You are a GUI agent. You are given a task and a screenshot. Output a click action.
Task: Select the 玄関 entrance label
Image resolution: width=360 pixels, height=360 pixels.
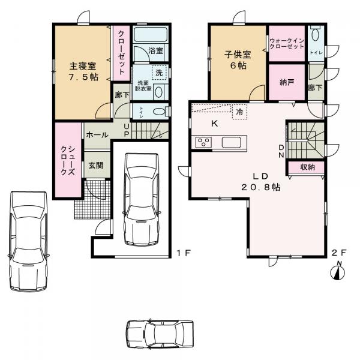pos(96,164)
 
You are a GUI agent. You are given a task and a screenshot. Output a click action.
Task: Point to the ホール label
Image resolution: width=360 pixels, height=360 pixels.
pos(97,136)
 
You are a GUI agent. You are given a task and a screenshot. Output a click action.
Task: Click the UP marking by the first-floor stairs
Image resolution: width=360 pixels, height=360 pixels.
pos(127,130)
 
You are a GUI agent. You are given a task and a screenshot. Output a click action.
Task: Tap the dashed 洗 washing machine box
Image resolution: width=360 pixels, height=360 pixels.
pos(158,71)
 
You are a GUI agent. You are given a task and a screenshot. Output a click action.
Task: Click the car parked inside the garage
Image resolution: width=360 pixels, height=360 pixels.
pos(141,198)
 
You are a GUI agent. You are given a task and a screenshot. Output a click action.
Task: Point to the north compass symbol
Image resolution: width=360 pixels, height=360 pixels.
pos(339,272)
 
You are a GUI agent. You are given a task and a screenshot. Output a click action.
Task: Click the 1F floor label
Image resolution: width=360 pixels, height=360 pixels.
pos(184,253)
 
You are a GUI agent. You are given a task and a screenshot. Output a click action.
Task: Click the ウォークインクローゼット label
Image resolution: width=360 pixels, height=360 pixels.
pos(287,43)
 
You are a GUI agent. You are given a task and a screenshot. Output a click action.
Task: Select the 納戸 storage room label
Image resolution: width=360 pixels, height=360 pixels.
pos(286,82)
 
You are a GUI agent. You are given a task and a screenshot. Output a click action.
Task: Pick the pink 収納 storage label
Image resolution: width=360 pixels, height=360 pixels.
pos(307,167)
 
